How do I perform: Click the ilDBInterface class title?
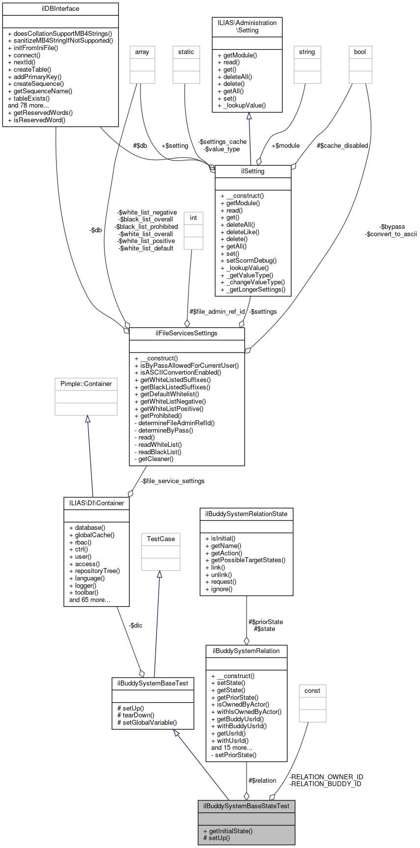60,9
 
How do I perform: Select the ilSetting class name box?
253,171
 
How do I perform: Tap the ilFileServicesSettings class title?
187,333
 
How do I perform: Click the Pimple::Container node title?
86,384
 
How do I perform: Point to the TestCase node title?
161,539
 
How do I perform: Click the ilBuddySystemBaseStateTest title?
246,806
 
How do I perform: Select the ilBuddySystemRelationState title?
246,514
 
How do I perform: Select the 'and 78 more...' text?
28,106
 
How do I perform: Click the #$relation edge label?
262,780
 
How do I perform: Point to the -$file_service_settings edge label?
173,481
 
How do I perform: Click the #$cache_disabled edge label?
342,145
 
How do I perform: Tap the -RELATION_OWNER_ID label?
326,777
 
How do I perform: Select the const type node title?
312,690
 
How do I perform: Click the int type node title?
194,218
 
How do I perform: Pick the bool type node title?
360,52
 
